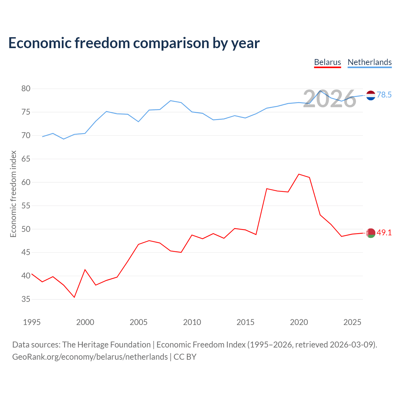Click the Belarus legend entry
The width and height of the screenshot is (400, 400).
(327, 62)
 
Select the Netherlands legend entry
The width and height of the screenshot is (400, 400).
(369, 62)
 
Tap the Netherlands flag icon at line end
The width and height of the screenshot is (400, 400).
(371, 96)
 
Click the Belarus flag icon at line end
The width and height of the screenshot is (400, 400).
(371, 233)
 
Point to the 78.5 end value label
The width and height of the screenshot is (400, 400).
(384, 95)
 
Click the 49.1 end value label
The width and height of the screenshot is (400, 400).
(384, 233)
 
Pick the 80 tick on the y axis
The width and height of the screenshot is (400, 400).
(26, 88)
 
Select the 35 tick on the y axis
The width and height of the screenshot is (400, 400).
(26, 299)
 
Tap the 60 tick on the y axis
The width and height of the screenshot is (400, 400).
(26, 182)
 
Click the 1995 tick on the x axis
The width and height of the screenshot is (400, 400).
(32, 322)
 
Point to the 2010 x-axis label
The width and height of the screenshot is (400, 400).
(192, 322)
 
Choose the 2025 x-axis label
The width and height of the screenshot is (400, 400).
(352, 322)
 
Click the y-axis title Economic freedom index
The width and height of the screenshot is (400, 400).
(13, 194)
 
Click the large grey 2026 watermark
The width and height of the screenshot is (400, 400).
(330, 99)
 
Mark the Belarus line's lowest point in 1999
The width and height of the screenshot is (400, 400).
(74, 297)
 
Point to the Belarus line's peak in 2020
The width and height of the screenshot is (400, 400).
(299, 174)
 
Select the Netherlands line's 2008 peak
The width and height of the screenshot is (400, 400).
(171, 101)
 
